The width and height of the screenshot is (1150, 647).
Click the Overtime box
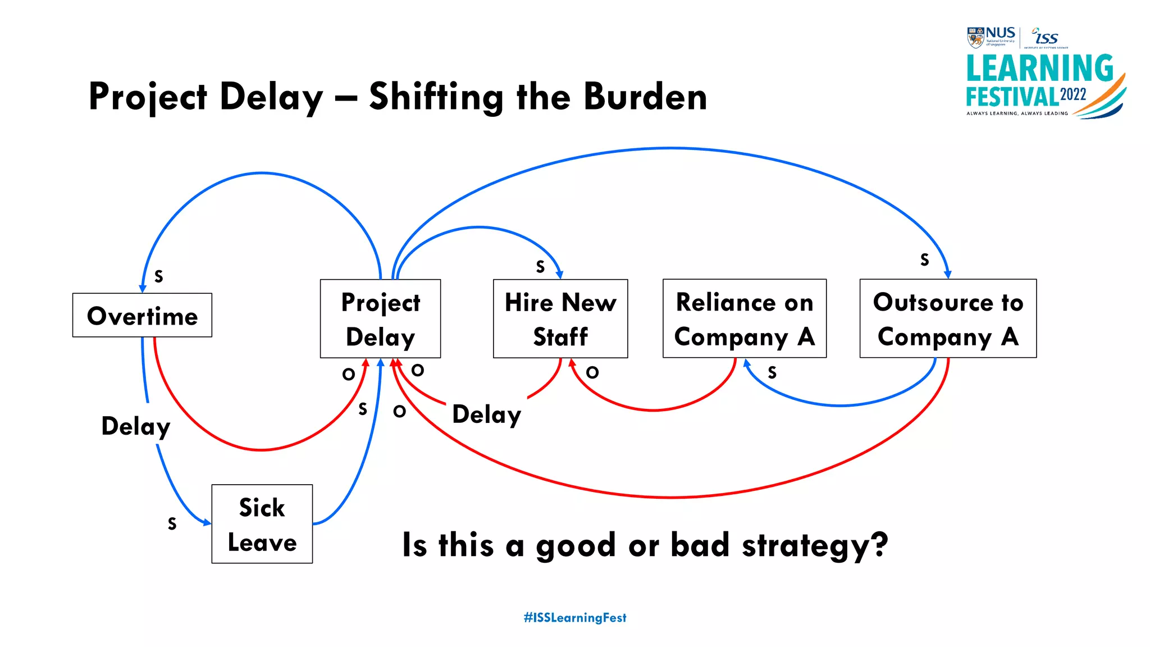point(142,316)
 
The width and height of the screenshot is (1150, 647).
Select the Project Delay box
point(380,319)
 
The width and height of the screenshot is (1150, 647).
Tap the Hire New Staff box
point(560,319)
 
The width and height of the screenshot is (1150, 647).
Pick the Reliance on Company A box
point(744,319)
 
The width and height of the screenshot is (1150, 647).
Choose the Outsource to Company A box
point(948,319)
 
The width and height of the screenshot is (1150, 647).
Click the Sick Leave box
point(262,524)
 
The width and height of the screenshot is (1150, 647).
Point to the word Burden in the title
point(645,97)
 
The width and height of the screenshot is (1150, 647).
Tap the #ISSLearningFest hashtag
point(575,618)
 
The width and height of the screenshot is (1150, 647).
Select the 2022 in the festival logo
point(1073,94)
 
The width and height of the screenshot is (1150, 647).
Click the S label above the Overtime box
point(159,276)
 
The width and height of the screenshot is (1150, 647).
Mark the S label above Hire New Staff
point(540,266)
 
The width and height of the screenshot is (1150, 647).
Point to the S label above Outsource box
point(924,259)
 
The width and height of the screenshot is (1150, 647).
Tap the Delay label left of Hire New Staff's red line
point(486,415)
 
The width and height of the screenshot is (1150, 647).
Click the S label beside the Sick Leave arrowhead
point(172,523)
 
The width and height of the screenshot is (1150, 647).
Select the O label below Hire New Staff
point(592,372)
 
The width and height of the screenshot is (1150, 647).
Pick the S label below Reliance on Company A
point(772,372)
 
